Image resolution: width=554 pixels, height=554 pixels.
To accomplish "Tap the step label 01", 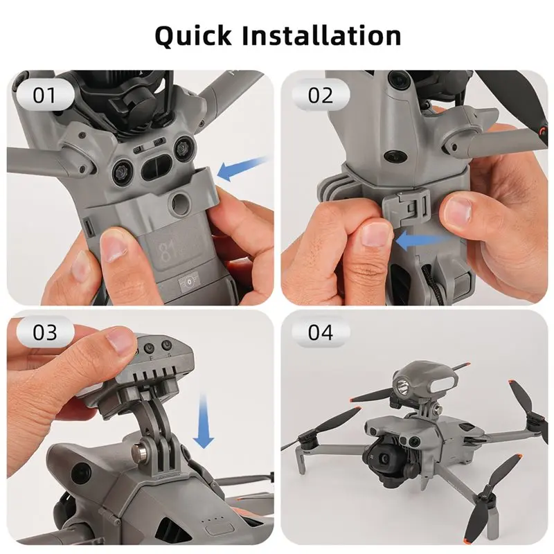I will pos(44,95).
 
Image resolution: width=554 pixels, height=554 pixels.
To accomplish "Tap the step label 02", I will pos(320,95).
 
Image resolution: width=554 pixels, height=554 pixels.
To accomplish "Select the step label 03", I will pos(44,332).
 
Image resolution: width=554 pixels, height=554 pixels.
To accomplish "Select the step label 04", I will pos(320,332).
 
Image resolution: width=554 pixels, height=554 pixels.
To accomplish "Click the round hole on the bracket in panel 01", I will pos(182,203).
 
